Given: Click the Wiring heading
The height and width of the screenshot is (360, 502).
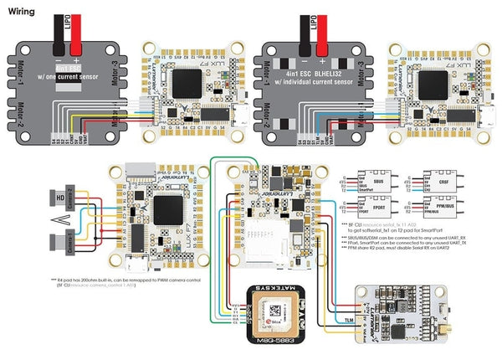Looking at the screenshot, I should pos(22,12).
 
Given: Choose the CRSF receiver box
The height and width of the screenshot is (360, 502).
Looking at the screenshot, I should pos(428,182).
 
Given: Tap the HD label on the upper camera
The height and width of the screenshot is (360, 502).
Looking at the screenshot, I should pos(60,198).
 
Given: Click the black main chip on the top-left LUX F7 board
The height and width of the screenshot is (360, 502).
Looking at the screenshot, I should pos(194,83).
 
